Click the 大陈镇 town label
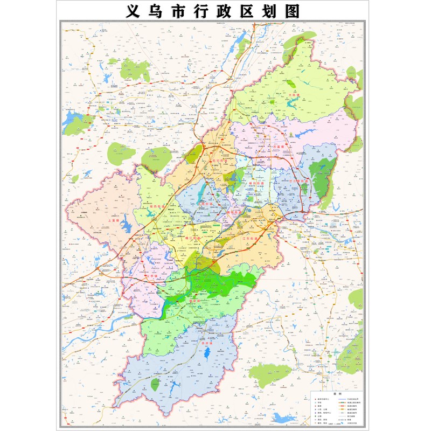pos(294,95)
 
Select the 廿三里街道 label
pos(299,181)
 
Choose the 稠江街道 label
pos(192,238)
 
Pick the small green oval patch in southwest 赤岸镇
pos(155,385)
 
